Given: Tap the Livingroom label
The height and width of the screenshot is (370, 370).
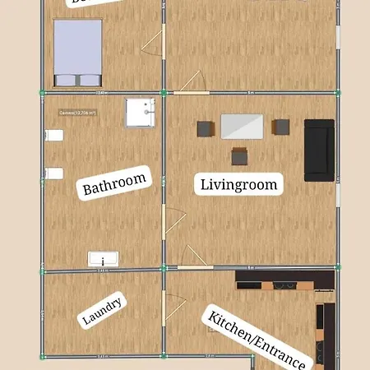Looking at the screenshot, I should (239, 183).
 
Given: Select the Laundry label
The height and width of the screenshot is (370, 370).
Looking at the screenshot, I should (104, 312).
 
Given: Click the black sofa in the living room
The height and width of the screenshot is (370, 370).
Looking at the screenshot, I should (319, 150).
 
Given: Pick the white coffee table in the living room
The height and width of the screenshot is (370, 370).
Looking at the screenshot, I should (242, 127).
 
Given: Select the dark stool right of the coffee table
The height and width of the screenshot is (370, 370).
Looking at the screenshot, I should (281, 127).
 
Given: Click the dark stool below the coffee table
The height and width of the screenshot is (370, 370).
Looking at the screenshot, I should (240, 156).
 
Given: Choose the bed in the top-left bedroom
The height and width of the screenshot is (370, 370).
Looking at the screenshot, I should (78, 52).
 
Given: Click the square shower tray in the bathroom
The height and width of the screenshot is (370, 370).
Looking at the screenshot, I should (140, 113).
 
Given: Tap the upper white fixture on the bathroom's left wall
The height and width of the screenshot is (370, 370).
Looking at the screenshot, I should (54, 136).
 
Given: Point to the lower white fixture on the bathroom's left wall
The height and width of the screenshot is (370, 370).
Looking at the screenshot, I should (54, 173).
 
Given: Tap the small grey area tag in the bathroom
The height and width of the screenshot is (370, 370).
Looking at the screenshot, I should (78, 113).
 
